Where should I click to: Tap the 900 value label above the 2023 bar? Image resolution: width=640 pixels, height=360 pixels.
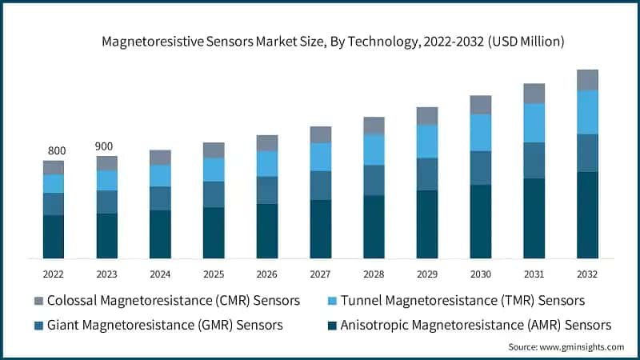click(106, 146)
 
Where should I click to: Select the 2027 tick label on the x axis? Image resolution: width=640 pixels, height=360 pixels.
click(320, 274)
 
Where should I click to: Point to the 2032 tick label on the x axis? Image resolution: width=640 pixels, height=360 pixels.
click(587, 274)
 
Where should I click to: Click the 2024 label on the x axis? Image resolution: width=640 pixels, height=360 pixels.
click(160, 274)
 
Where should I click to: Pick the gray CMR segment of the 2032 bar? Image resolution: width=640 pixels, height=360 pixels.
click(587, 80)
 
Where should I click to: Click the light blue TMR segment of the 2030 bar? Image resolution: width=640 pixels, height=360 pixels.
click(481, 133)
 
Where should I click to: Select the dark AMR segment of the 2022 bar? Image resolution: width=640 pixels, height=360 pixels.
click(54, 237)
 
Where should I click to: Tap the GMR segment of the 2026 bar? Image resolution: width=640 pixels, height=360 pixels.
click(267, 190)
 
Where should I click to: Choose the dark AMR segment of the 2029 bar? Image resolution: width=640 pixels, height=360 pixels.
click(427, 224)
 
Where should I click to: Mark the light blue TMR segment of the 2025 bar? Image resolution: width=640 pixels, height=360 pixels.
click(214, 170)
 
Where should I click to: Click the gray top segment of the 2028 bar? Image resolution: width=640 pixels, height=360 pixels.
click(374, 126)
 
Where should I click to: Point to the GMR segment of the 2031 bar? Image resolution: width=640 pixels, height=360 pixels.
click(534, 161)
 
